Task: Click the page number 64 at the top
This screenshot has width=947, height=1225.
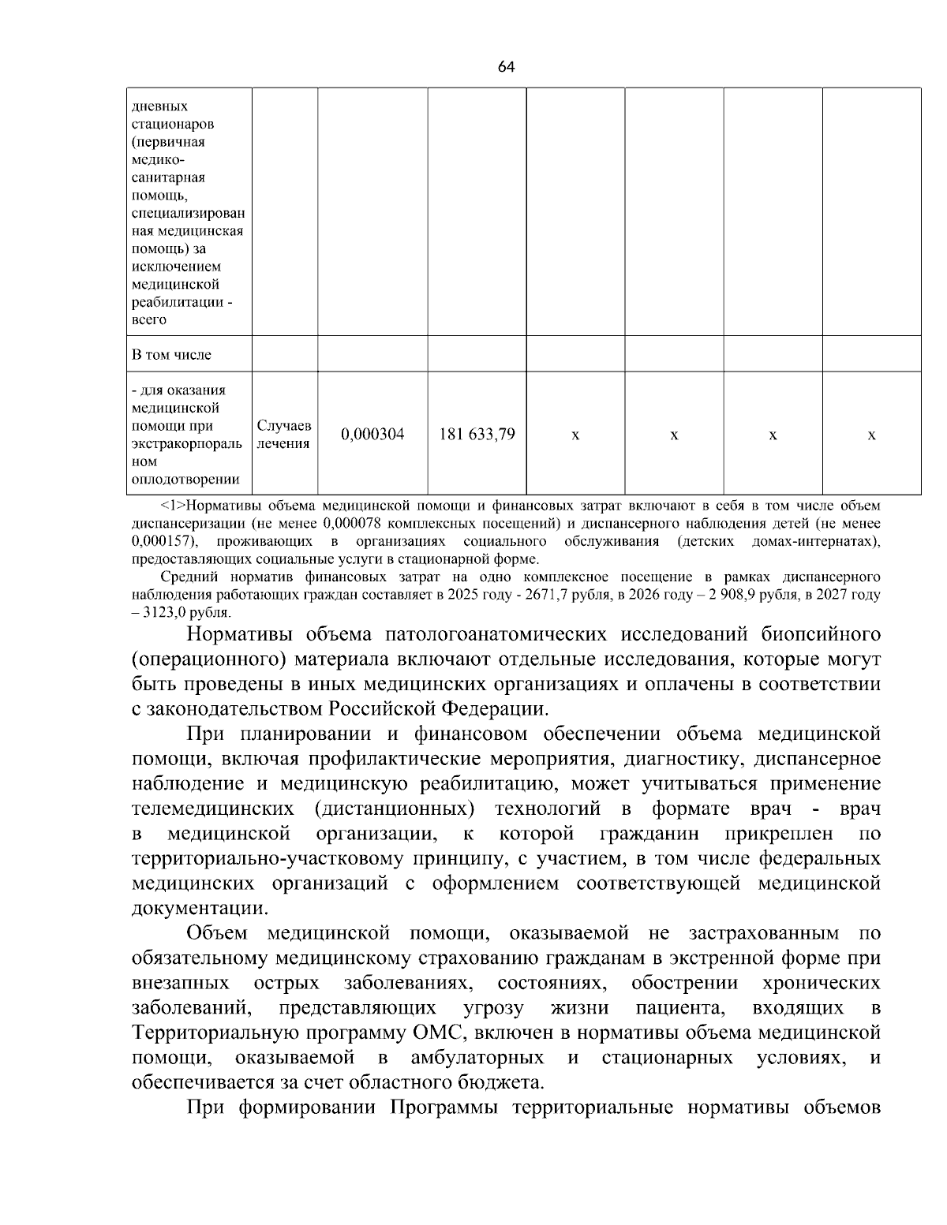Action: point(506,67)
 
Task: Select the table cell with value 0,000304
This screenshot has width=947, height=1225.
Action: point(372,434)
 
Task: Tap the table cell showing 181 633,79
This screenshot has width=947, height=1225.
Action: point(477,434)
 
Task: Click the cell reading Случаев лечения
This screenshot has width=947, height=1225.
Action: point(284,434)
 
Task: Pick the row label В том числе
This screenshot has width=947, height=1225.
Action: point(171,354)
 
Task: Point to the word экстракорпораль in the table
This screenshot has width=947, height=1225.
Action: point(187,443)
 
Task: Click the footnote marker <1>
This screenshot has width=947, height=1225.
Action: point(174,506)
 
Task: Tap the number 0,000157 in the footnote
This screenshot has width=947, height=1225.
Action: point(164,542)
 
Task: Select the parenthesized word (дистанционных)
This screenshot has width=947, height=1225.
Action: point(394,809)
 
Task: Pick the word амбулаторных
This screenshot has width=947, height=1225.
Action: point(477,1057)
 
